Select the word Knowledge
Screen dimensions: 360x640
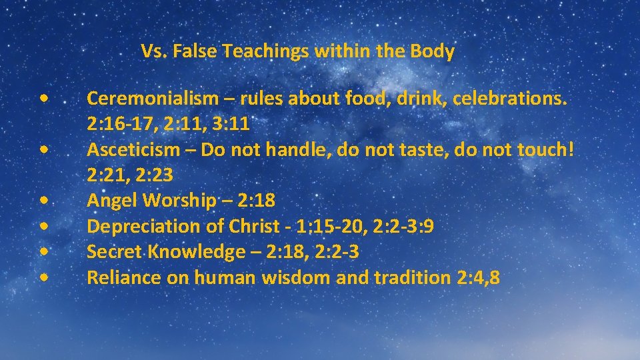pyautogui.click(x=191, y=252)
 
